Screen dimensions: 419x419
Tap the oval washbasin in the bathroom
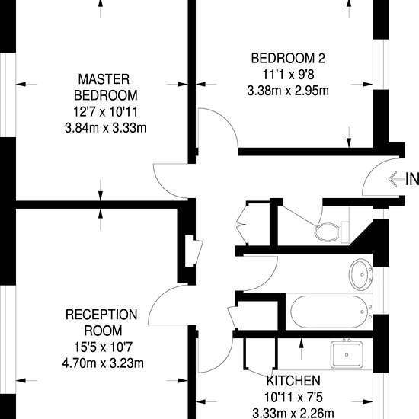(x=361, y=274)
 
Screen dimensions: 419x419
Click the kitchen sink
(x=347, y=354)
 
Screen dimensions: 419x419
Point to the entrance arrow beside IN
(x=397, y=179)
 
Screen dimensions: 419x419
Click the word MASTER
(x=104, y=79)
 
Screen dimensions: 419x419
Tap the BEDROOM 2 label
(x=288, y=58)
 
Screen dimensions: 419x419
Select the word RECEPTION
(x=101, y=315)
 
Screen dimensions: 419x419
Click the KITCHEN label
(x=293, y=380)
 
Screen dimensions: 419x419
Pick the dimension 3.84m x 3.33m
(x=106, y=128)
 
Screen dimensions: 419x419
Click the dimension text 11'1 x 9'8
(x=288, y=75)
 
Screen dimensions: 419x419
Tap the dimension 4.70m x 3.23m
(x=103, y=363)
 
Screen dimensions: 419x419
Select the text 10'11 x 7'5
(x=293, y=397)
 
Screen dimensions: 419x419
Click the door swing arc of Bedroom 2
(x=226, y=120)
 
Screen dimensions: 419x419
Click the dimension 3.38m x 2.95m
(x=288, y=91)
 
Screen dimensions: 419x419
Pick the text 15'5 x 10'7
(x=103, y=347)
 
